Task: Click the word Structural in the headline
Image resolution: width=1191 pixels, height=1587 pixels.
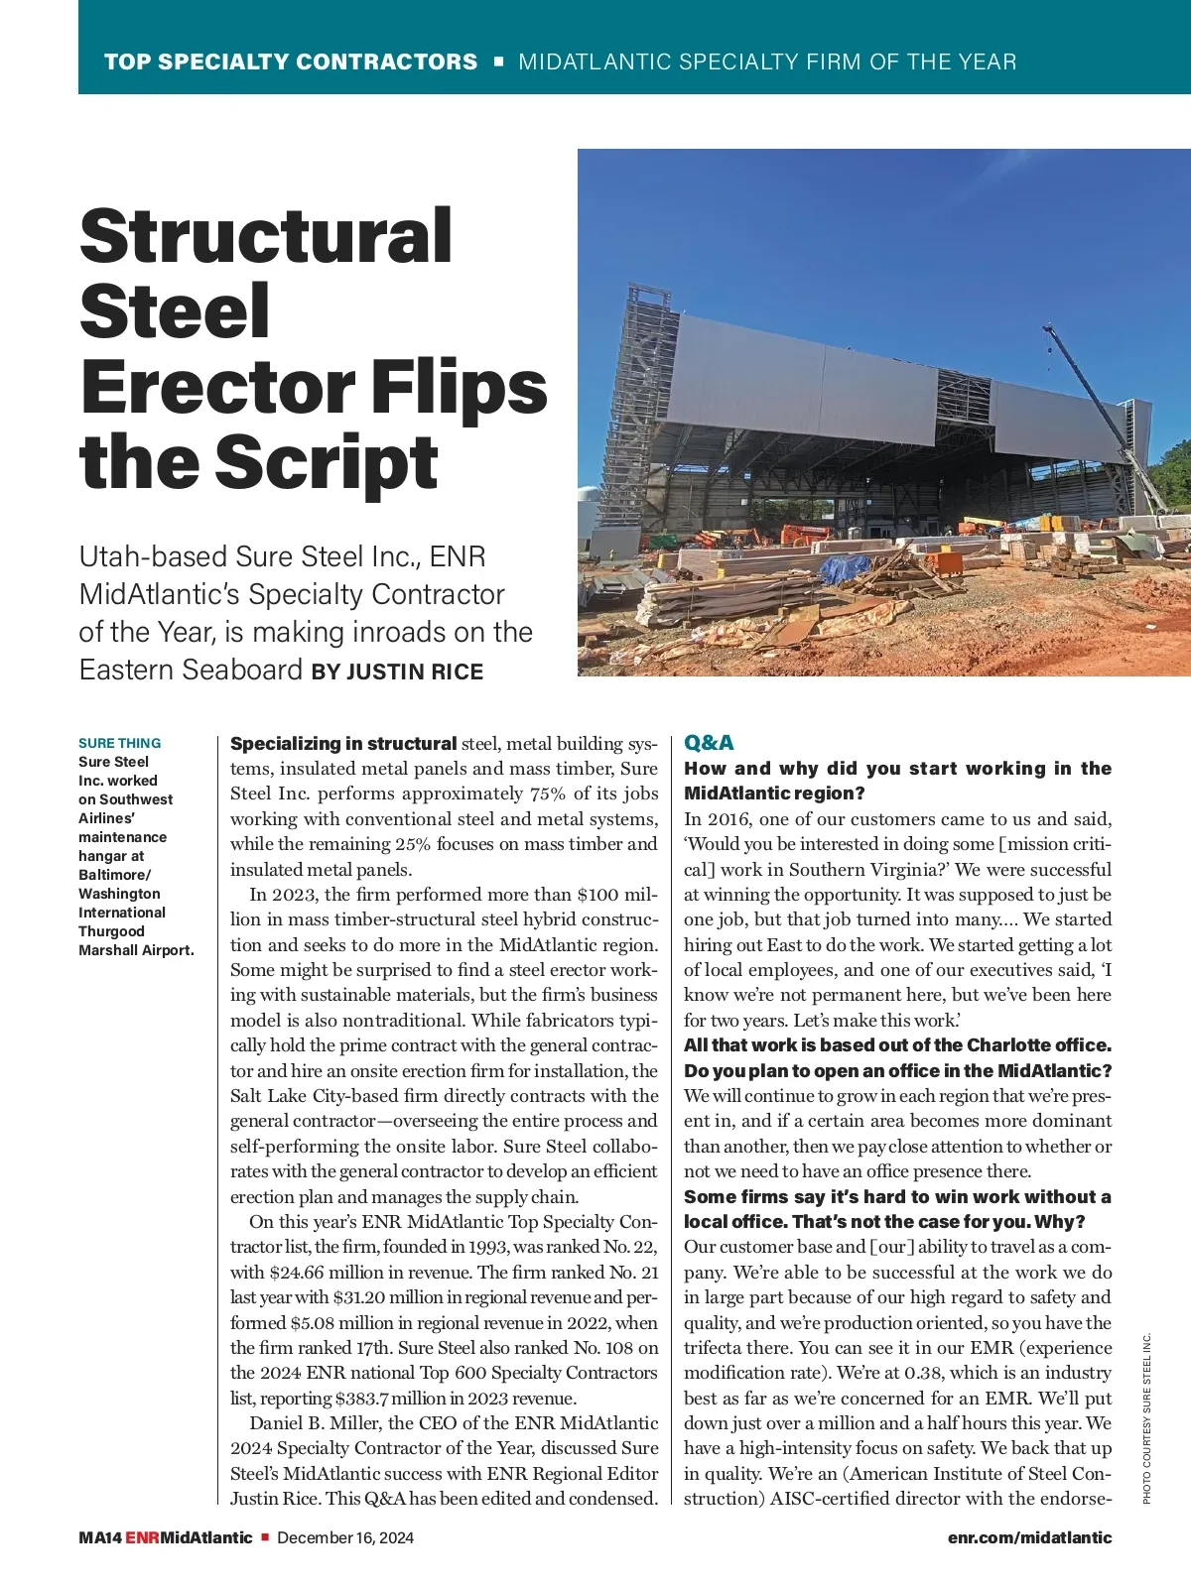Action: (x=265, y=235)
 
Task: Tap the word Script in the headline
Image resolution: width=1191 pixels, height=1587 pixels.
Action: (x=327, y=462)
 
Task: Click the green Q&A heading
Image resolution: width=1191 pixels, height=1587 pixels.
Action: (x=709, y=743)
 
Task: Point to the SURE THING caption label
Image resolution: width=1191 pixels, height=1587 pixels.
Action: (x=119, y=743)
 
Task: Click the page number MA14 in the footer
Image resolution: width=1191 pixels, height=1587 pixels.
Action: (x=100, y=1537)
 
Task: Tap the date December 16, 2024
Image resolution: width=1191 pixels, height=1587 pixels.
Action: (x=345, y=1537)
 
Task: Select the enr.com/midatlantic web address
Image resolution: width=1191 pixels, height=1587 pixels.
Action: (x=1029, y=1537)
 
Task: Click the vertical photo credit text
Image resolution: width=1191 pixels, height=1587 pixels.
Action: (x=1146, y=1418)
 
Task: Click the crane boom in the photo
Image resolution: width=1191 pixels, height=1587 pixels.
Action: (x=1102, y=407)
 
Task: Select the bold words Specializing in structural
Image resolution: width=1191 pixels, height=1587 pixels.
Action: (x=343, y=744)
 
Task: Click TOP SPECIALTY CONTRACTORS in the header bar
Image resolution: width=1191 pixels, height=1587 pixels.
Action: (x=291, y=61)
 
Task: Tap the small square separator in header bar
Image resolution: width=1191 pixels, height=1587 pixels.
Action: (x=498, y=61)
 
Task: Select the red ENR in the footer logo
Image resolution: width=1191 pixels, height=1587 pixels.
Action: (x=142, y=1537)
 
